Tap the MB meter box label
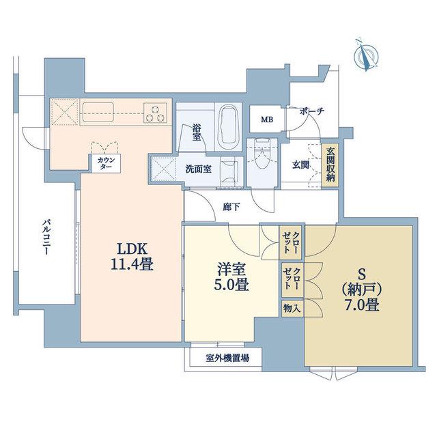click(x=267, y=119)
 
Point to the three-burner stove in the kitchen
click(x=156, y=113)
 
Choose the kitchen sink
click(x=98, y=112)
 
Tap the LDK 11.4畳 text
click(x=132, y=256)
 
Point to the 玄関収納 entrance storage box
click(x=330, y=165)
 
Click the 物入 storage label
click(x=292, y=309)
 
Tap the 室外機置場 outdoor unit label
click(x=227, y=358)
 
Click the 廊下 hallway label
click(x=231, y=207)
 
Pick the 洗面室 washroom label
click(x=199, y=169)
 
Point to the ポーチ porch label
click(x=312, y=112)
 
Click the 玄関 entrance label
click(x=300, y=165)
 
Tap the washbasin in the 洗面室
click(x=230, y=171)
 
